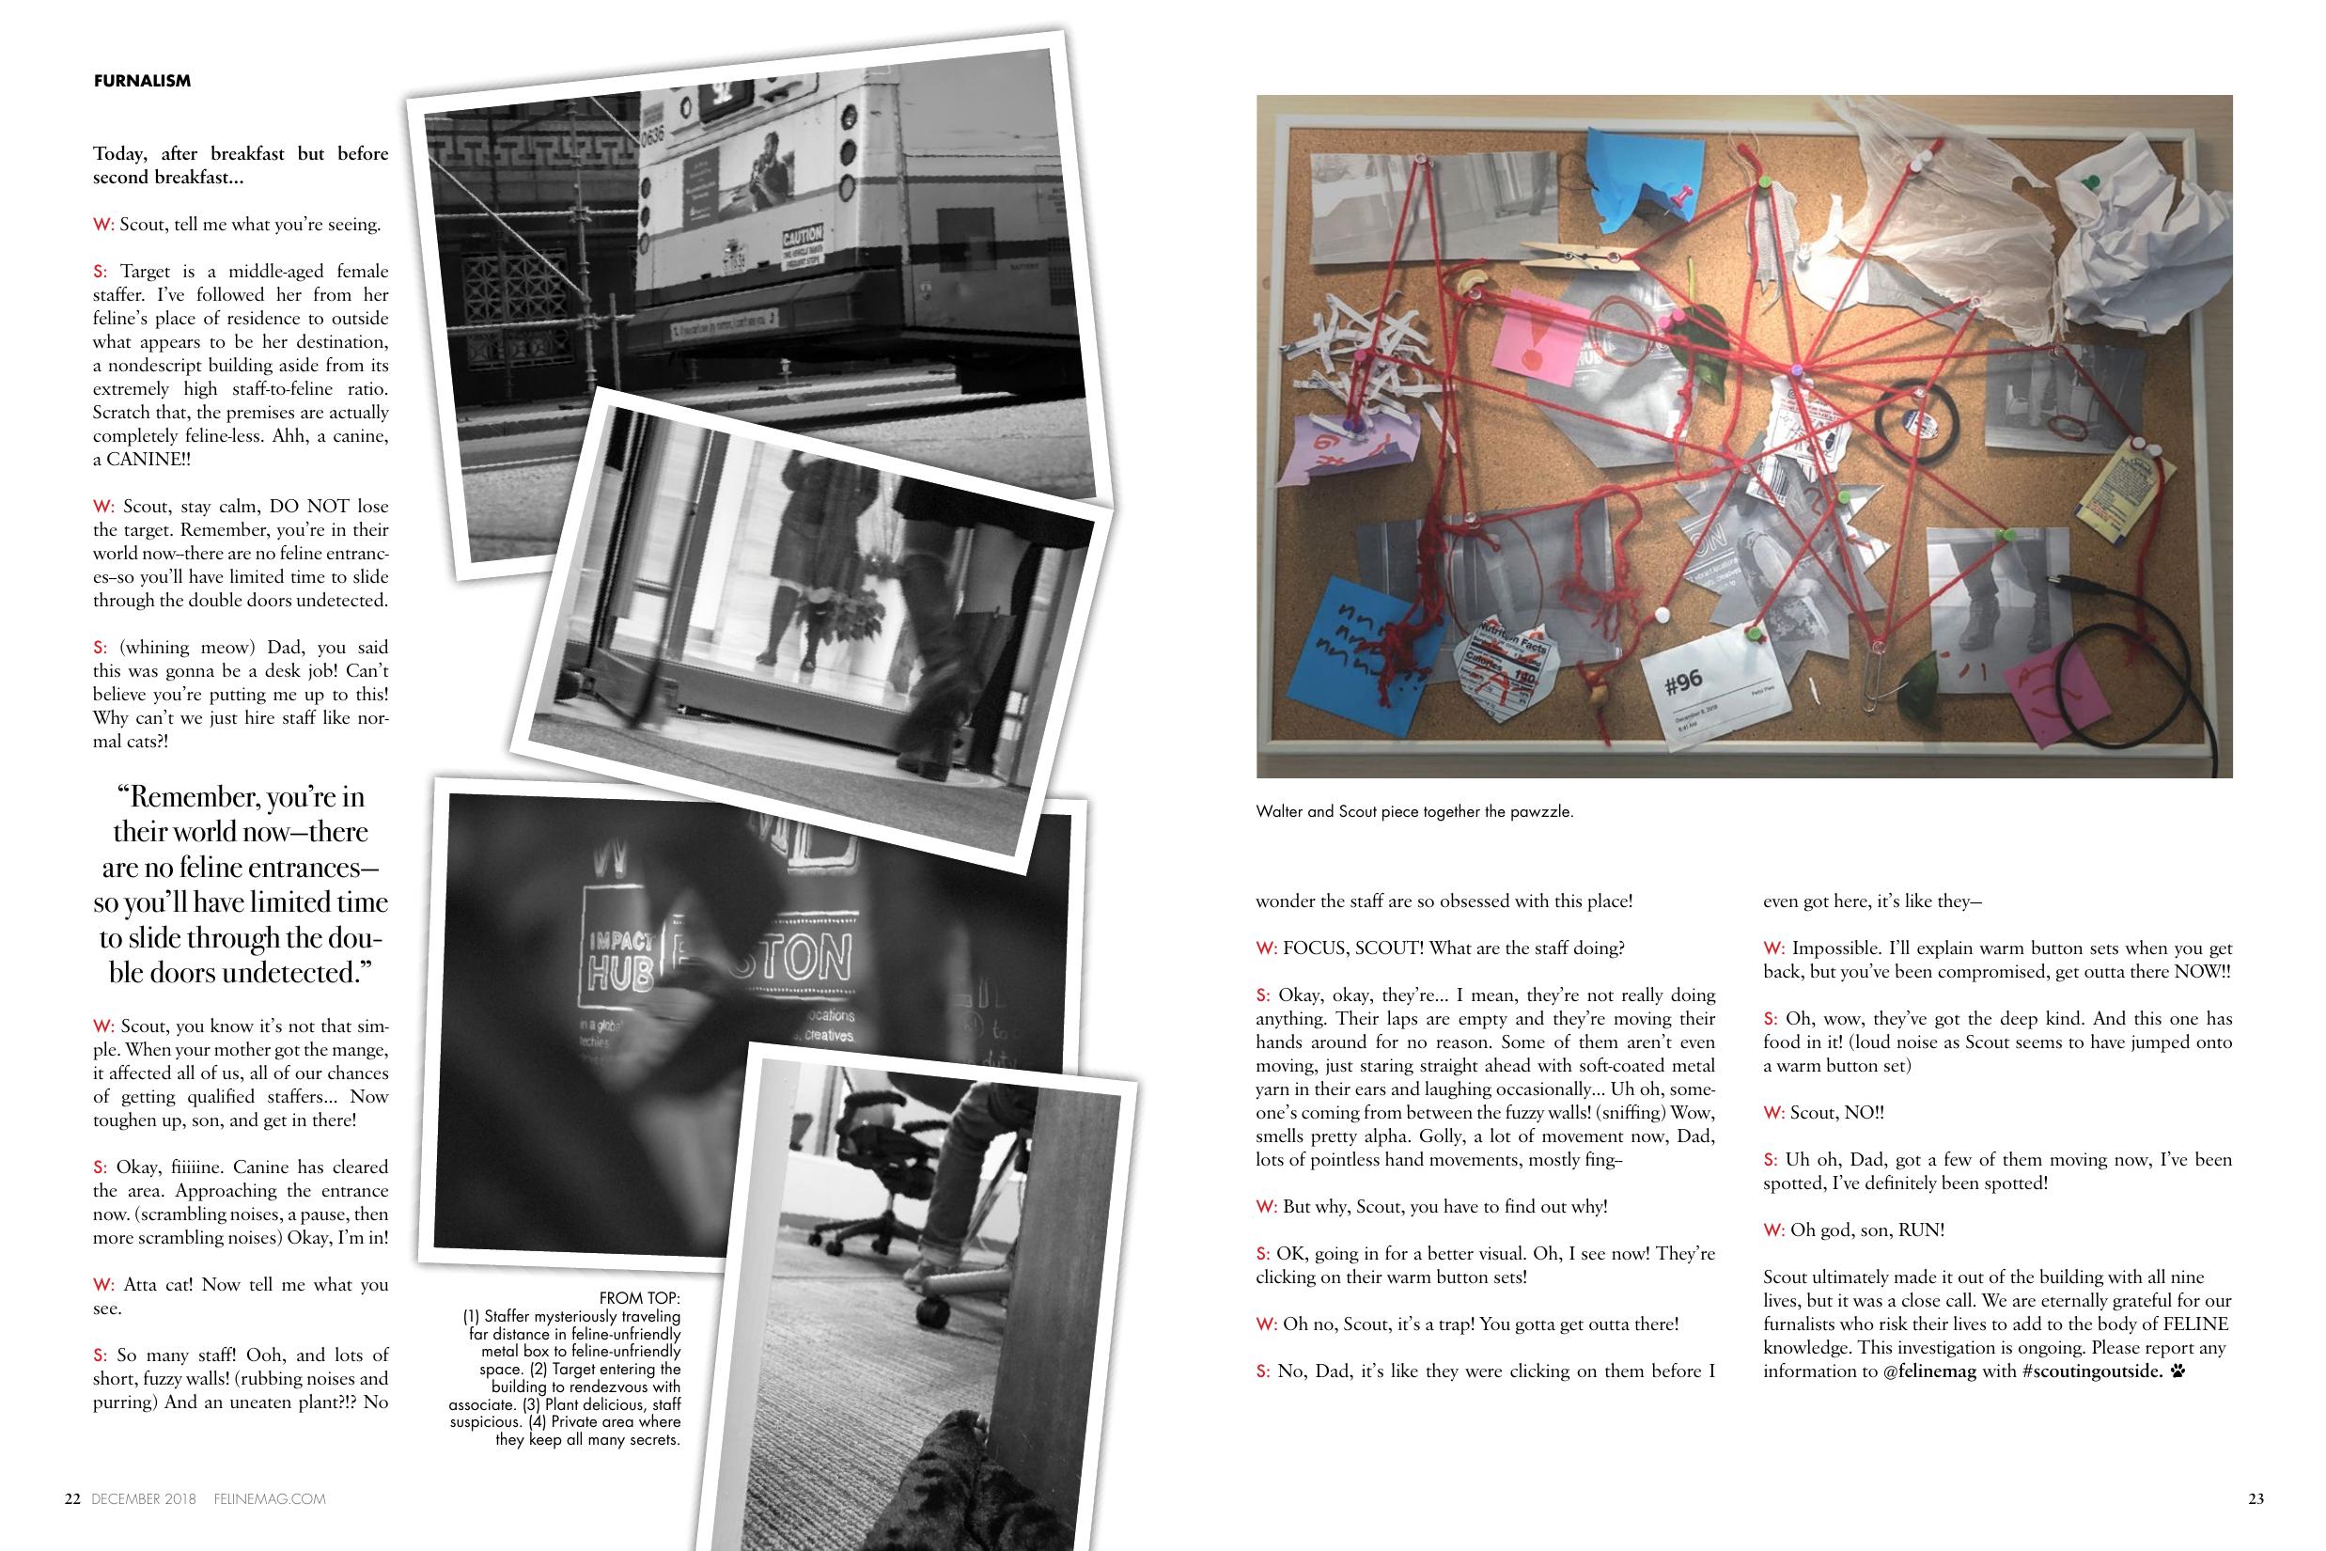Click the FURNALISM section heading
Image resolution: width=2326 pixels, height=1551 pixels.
pos(143,81)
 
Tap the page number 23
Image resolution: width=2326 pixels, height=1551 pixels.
pos(2256,1498)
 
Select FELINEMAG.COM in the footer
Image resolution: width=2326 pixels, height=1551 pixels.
pos(270,1499)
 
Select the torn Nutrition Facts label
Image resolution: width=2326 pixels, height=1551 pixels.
pos(1502,663)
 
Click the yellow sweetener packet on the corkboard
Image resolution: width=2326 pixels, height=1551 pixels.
pos(2126,491)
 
